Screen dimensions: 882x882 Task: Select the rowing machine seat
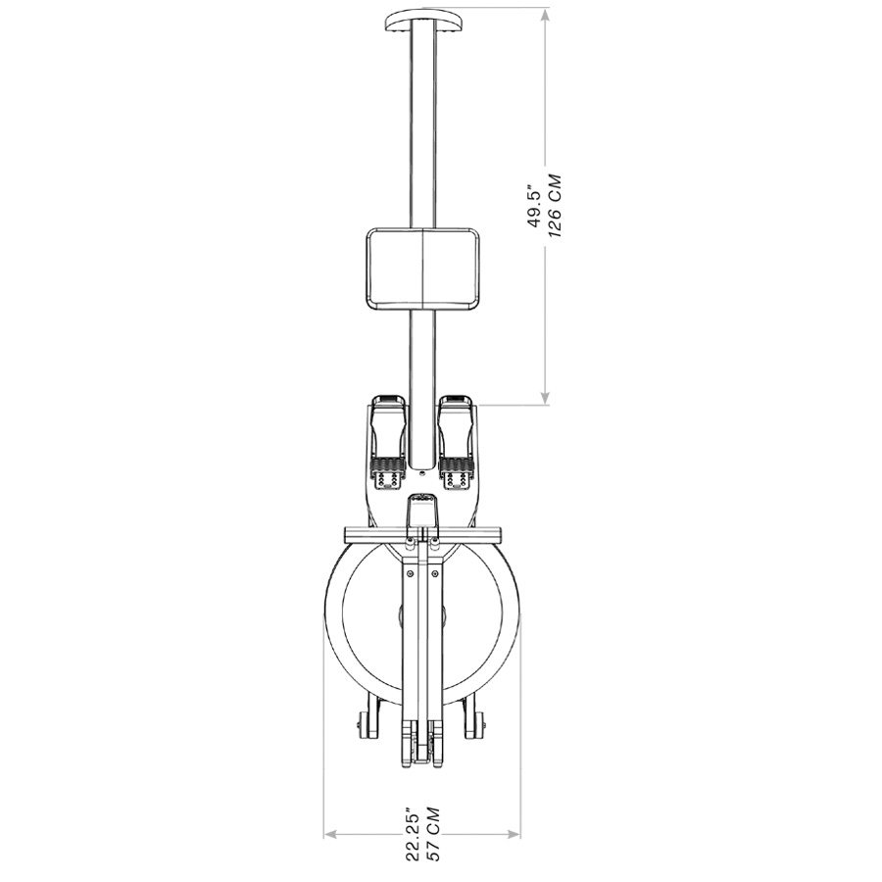tap(421, 268)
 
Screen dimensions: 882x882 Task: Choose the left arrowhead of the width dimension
tap(330, 835)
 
